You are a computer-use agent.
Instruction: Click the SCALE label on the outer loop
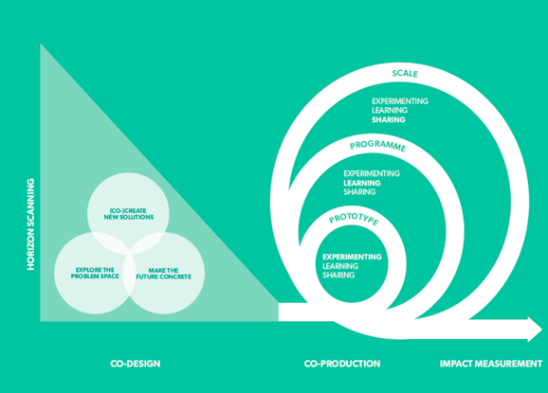[x=405, y=74]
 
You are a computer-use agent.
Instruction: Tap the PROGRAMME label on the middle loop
[x=378, y=146]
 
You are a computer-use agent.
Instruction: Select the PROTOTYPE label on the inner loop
[x=354, y=220]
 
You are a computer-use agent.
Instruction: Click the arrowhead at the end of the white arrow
[x=535, y=330]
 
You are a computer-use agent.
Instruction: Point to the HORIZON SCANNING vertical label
[x=31, y=224]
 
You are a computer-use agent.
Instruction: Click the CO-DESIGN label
[x=136, y=364]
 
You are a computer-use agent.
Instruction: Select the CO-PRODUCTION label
[x=342, y=364]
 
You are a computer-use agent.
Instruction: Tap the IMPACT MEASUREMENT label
[x=491, y=364]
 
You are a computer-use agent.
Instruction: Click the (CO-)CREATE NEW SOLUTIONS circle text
[x=129, y=214]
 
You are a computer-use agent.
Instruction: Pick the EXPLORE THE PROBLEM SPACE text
[x=95, y=273]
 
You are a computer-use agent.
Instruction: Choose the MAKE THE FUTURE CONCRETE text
[x=164, y=274]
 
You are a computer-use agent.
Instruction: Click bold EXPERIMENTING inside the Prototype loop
[x=352, y=257]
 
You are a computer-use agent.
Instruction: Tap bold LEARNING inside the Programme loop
[x=362, y=183]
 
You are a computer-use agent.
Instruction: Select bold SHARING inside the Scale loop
[x=389, y=119]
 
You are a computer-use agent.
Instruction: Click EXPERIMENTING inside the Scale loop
[x=400, y=101]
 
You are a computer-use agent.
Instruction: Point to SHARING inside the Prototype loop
[x=338, y=275]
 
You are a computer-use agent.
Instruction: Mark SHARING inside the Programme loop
[x=359, y=192]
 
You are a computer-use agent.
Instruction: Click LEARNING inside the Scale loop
[x=390, y=110]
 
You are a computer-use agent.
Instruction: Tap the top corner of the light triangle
[x=41, y=44]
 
